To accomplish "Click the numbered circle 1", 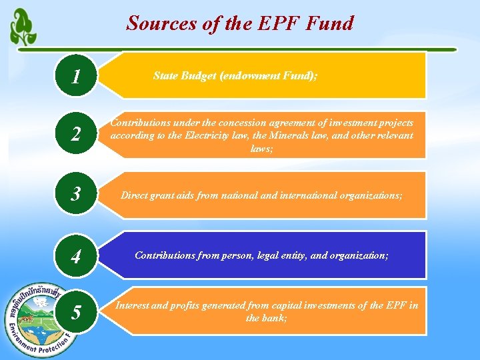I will (77, 77).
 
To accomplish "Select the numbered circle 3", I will (77, 195).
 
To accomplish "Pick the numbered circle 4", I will (77, 255).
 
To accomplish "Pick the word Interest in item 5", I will (133, 305).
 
